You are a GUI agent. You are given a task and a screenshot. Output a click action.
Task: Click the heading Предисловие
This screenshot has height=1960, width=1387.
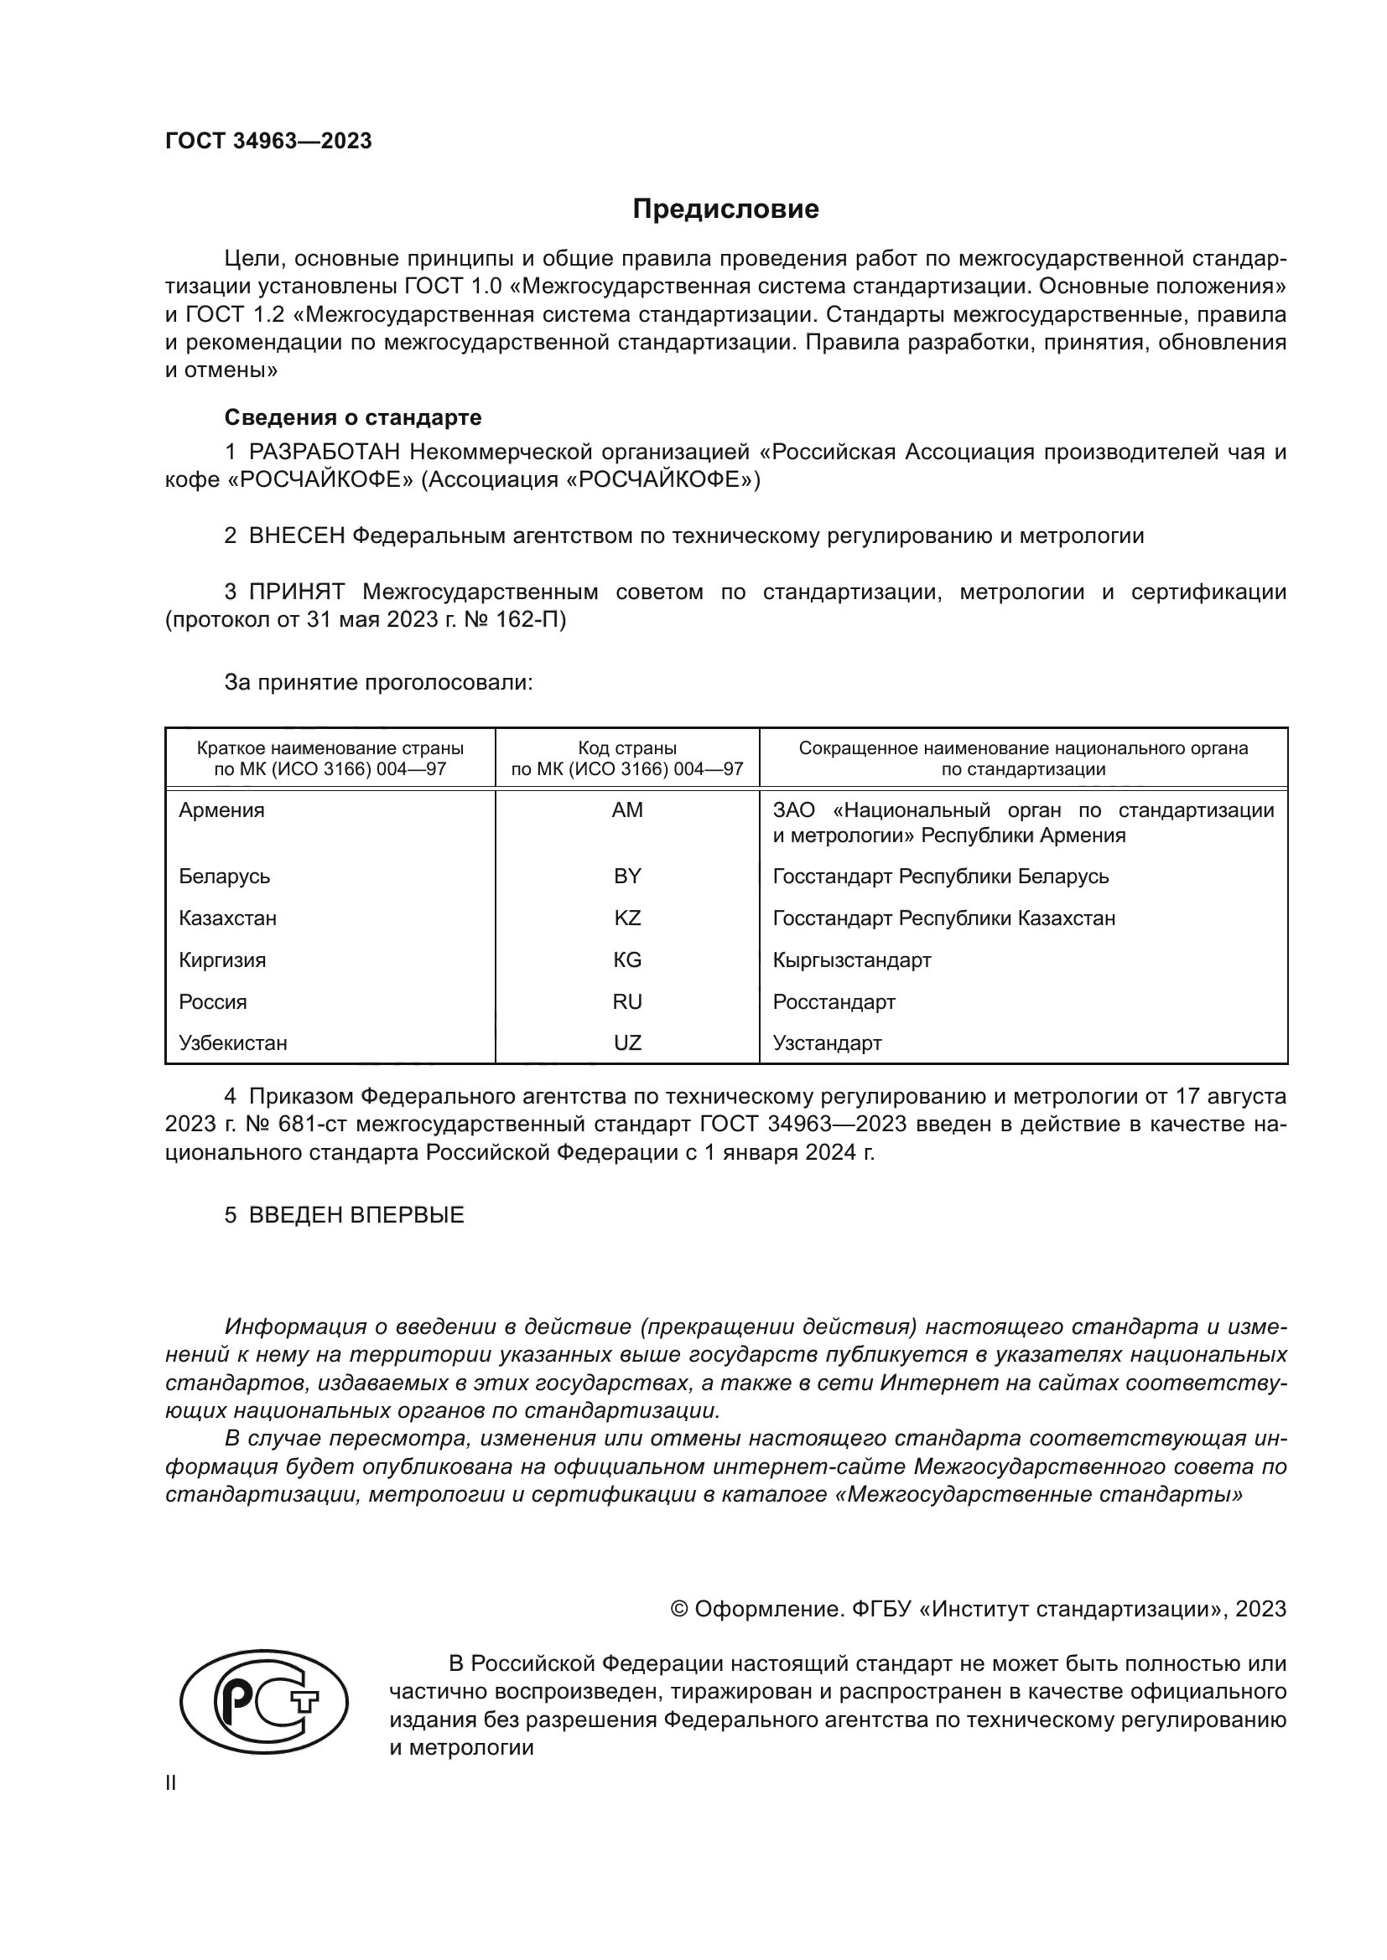[725, 209]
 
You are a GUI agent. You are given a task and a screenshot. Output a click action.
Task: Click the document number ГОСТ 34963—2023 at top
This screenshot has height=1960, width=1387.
[268, 142]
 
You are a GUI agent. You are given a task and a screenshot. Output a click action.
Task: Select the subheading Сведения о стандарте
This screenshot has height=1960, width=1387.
[353, 417]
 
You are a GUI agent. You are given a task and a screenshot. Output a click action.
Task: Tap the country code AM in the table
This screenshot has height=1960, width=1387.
[627, 810]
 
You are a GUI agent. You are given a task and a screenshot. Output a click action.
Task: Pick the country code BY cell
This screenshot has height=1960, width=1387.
[627, 876]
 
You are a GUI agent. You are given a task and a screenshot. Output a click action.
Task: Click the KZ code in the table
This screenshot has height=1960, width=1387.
[627, 918]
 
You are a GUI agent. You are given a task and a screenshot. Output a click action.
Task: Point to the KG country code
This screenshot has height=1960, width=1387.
[627, 959]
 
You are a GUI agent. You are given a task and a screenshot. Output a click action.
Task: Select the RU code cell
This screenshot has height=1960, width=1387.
[627, 1001]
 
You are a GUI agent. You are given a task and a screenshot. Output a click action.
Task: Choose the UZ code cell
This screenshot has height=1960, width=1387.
[627, 1043]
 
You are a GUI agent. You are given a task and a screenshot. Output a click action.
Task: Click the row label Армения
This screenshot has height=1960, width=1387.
[221, 810]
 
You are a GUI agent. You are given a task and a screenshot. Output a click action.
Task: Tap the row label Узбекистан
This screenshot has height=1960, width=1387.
[232, 1043]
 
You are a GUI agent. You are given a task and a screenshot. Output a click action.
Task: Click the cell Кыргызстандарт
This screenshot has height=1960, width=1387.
[851, 959]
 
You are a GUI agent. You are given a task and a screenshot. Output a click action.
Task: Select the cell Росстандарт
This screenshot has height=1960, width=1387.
[834, 1001]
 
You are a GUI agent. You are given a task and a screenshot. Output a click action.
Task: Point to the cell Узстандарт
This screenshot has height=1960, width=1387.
[827, 1043]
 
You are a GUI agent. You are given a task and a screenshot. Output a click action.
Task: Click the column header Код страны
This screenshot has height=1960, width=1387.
[627, 748]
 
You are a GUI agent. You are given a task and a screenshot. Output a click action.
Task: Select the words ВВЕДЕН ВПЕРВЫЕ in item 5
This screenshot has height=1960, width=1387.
[356, 1215]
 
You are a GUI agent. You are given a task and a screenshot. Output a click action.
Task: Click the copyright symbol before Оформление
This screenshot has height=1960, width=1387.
[679, 1609]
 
